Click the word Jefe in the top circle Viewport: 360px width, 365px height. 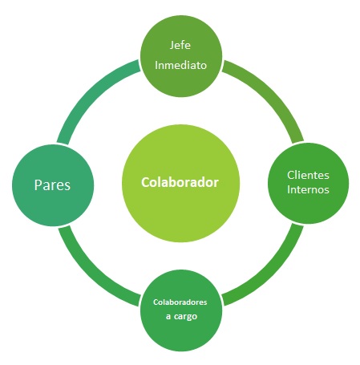pos(180,45)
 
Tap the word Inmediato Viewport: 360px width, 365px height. pos(180,65)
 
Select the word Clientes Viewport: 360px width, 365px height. pos(308,175)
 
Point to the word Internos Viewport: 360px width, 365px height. pos(308,189)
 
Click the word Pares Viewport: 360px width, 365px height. pos(52,185)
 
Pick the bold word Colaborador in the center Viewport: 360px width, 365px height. pos(180,182)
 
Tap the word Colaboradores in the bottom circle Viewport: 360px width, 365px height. pos(180,302)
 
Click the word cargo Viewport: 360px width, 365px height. pos(185,317)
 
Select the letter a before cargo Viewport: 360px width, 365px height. pos(168,317)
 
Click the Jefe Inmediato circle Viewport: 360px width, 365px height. pos(181,56)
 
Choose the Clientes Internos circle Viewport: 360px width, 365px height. pos(309,183)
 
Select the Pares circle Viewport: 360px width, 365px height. pos(53,185)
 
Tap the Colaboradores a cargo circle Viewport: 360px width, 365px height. pos(181,310)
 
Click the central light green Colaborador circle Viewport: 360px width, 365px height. pos(180,183)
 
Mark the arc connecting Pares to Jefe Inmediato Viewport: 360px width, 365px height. pos(90,92)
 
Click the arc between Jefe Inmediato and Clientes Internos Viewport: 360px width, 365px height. pos(272,92)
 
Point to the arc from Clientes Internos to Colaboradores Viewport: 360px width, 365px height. pos(272,274)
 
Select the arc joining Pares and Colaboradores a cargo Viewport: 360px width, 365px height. pos(90,274)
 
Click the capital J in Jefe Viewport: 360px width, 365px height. pos(172,45)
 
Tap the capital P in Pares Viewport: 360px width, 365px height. pos(38,185)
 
